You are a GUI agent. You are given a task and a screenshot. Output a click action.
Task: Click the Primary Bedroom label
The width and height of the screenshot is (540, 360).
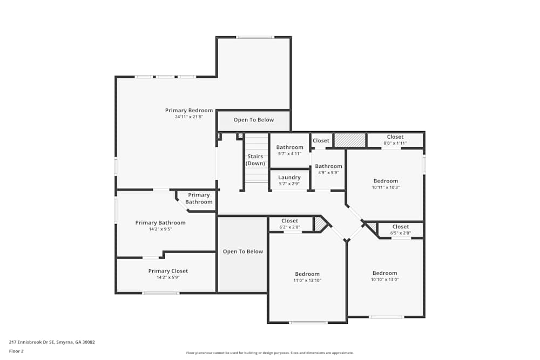coord(188,111)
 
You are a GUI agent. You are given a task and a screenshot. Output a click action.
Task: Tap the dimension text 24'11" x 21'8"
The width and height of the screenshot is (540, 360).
coord(188,117)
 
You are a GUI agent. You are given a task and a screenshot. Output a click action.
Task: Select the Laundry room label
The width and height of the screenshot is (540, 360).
coord(289,178)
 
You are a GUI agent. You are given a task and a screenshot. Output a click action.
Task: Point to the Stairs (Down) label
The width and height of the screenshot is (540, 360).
coord(255,160)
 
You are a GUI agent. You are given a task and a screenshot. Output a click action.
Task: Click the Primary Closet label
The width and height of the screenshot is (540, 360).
coord(168,271)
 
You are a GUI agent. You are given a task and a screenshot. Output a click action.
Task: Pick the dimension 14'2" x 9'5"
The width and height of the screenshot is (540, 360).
coord(160,229)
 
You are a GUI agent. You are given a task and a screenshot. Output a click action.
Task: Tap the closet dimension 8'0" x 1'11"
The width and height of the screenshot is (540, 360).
coord(395,143)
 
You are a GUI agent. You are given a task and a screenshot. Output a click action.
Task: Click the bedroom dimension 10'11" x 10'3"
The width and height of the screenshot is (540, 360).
coord(386,188)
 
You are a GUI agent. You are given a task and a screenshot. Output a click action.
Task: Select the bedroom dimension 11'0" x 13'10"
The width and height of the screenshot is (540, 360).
coord(307,281)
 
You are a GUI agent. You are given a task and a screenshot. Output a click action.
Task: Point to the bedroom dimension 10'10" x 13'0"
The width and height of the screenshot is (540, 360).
coord(384,280)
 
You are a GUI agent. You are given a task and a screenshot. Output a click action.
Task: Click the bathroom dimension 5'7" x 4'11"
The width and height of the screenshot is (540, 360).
coord(289,154)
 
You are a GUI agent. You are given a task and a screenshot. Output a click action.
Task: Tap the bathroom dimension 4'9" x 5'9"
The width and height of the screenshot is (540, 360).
coord(328,173)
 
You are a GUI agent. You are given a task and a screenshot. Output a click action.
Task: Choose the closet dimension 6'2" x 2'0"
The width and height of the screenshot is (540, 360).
coord(289,227)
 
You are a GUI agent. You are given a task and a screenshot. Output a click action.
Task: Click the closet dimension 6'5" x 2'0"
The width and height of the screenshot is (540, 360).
coord(401,233)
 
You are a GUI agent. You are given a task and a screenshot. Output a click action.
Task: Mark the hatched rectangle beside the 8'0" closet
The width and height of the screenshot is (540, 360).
coord(350,140)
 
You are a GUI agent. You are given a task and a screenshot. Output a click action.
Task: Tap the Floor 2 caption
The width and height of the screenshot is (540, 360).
coord(16,351)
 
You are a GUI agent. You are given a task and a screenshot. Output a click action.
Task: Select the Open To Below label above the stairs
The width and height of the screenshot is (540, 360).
coord(254,120)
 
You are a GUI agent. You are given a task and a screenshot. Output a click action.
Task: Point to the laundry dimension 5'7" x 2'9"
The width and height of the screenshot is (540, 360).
coord(289,184)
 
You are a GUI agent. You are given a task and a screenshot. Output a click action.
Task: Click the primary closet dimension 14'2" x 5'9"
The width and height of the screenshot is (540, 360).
coord(168,277)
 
